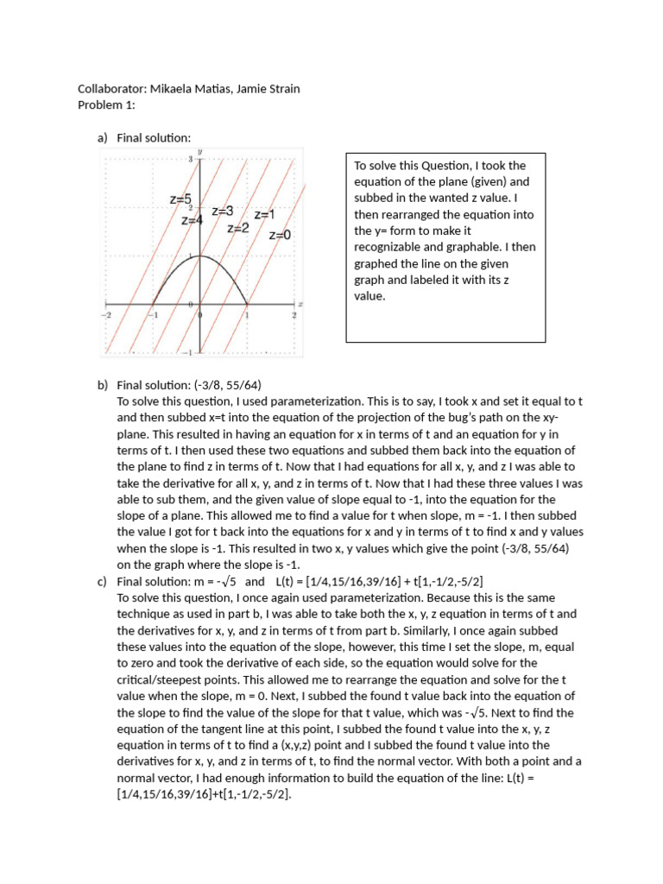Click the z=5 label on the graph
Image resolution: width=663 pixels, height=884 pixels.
coord(180,199)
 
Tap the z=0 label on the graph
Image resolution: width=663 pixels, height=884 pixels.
coord(280,234)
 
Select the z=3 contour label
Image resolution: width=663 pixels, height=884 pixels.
coord(223,211)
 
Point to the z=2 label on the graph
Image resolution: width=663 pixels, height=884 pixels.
coord(238,228)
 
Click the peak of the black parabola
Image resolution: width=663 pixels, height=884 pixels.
coord(200,256)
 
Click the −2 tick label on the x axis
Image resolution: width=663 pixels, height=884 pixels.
coord(107,315)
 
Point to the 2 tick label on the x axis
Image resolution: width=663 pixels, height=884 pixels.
coord(294,315)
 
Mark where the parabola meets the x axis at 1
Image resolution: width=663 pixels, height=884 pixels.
coord(248,305)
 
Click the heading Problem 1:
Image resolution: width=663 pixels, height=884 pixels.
coord(107,104)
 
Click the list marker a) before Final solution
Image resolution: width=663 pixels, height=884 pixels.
coord(103,137)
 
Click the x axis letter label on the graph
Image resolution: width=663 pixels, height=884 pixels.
coord(300,304)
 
